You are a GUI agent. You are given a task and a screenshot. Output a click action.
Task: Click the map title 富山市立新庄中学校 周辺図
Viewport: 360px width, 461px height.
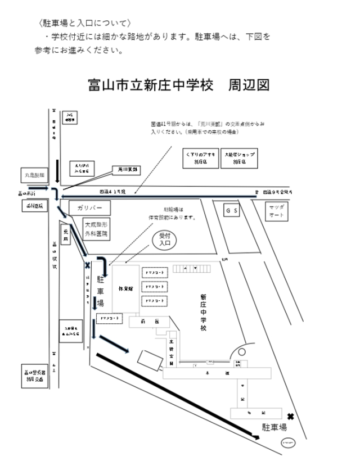click(179, 85)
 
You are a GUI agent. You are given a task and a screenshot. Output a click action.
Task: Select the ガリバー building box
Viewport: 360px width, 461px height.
click(88, 208)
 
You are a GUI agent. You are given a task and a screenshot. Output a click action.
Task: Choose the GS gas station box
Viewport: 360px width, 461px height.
click(232, 210)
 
